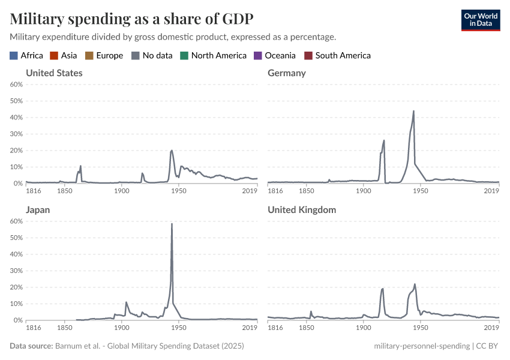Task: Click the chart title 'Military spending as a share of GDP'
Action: pyautogui.click(x=131, y=19)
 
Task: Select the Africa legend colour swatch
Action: pyautogui.click(x=14, y=56)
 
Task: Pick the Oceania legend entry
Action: pyautogui.click(x=276, y=56)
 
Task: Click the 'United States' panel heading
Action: pyautogui.click(x=54, y=73)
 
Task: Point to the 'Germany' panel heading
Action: pyautogui.click(x=287, y=73)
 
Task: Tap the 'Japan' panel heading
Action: pyautogui.click(x=38, y=210)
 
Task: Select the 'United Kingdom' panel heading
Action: pyautogui.click(x=302, y=210)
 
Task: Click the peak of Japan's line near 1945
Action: pyautogui.click(x=172, y=224)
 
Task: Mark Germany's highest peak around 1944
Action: pyautogui.click(x=413, y=111)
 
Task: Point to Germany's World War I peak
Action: pyautogui.click(x=384, y=140)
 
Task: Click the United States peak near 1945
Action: pyautogui.click(x=172, y=150)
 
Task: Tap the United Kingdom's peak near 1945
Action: pyautogui.click(x=415, y=284)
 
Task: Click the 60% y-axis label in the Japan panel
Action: pyautogui.click(x=16, y=221)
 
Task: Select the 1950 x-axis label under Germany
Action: pyautogui.click(x=420, y=191)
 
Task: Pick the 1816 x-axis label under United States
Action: pyautogui.click(x=34, y=191)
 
